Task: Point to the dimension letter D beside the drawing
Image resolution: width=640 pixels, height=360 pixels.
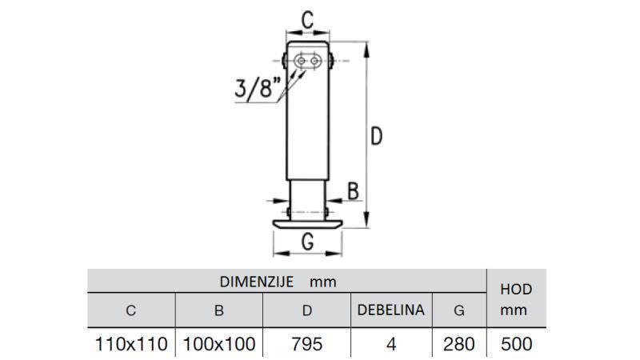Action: click(x=376, y=136)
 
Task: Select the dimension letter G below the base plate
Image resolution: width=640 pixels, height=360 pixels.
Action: click(x=306, y=242)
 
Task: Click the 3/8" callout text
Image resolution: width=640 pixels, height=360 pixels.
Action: click(x=258, y=87)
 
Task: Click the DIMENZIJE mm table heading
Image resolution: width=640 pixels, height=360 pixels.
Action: click(x=278, y=282)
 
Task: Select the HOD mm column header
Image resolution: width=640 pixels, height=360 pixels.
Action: click(x=515, y=299)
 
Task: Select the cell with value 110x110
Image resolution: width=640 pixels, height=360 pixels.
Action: click(x=131, y=344)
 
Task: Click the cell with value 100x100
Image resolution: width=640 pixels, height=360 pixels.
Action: click(x=219, y=344)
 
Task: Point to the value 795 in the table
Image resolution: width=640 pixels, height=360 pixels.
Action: click(x=307, y=344)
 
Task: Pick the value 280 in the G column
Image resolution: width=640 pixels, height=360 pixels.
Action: click(x=459, y=344)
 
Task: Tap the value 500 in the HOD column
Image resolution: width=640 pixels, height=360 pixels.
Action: click(x=515, y=344)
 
